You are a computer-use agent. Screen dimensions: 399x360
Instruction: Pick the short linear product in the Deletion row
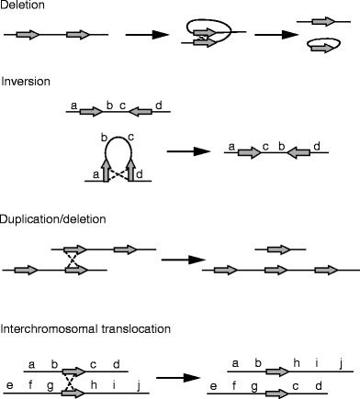(322, 20)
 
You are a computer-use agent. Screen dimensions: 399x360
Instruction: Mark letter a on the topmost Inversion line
(73, 105)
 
